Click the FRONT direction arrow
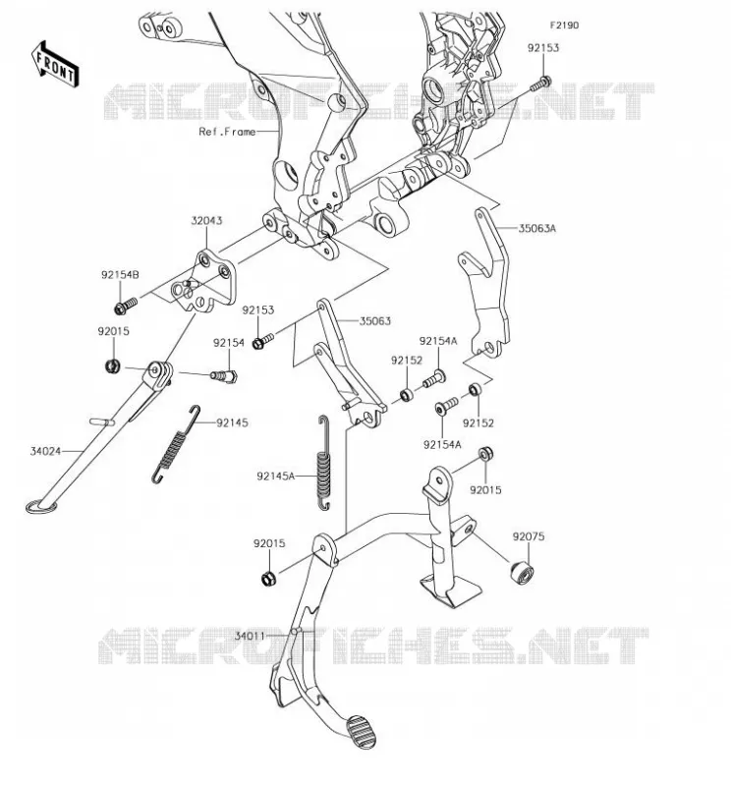coord(55,64)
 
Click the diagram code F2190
coord(564,26)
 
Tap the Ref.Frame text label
coord(227,132)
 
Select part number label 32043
coord(206,220)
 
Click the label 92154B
coord(120,275)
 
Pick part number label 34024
coord(45,451)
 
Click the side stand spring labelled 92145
coord(176,444)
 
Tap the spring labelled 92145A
coord(324,464)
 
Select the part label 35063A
coord(537,229)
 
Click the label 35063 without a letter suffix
coord(375,321)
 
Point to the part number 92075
coord(528,536)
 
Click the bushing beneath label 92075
coord(522,573)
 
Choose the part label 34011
coord(250,636)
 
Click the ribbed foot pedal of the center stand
coord(359,732)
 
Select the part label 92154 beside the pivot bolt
coord(229,343)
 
